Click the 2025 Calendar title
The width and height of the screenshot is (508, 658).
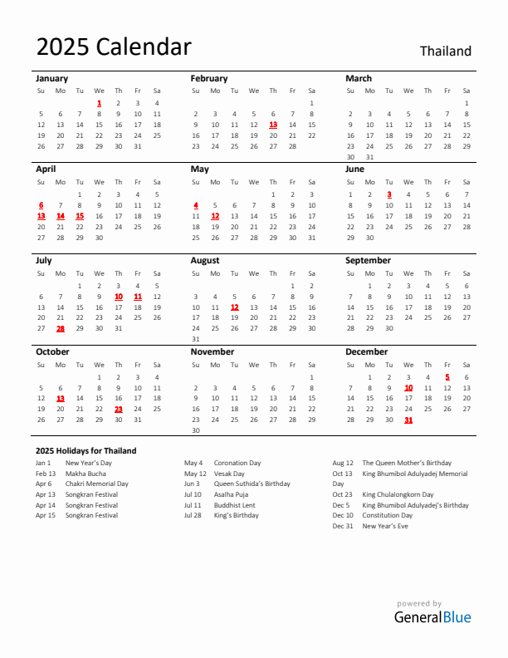click(114, 47)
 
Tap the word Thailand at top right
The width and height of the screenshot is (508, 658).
click(445, 52)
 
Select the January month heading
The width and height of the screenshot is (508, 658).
click(52, 78)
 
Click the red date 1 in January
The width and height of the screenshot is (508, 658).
click(99, 103)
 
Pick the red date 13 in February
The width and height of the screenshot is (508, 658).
click(273, 125)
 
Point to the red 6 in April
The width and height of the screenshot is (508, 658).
click(41, 204)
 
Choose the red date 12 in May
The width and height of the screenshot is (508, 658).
click(215, 216)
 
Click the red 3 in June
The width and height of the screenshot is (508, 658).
click(388, 194)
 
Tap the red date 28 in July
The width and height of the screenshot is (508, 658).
click(61, 328)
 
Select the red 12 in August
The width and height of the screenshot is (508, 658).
click(234, 307)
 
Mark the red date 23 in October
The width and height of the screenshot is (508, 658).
click(119, 409)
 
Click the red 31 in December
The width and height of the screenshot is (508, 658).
click(408, 420)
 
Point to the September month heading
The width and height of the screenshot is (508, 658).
click(368, 260)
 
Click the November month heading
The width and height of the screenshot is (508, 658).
click(212, 351)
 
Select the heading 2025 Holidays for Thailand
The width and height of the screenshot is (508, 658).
click(86, 451)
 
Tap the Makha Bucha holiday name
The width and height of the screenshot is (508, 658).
click(85, 474)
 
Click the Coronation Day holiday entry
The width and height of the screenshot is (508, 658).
click(237, 463)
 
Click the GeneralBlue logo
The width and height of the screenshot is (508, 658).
click(432, 617)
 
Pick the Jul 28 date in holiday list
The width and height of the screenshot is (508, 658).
click(193, 515)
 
